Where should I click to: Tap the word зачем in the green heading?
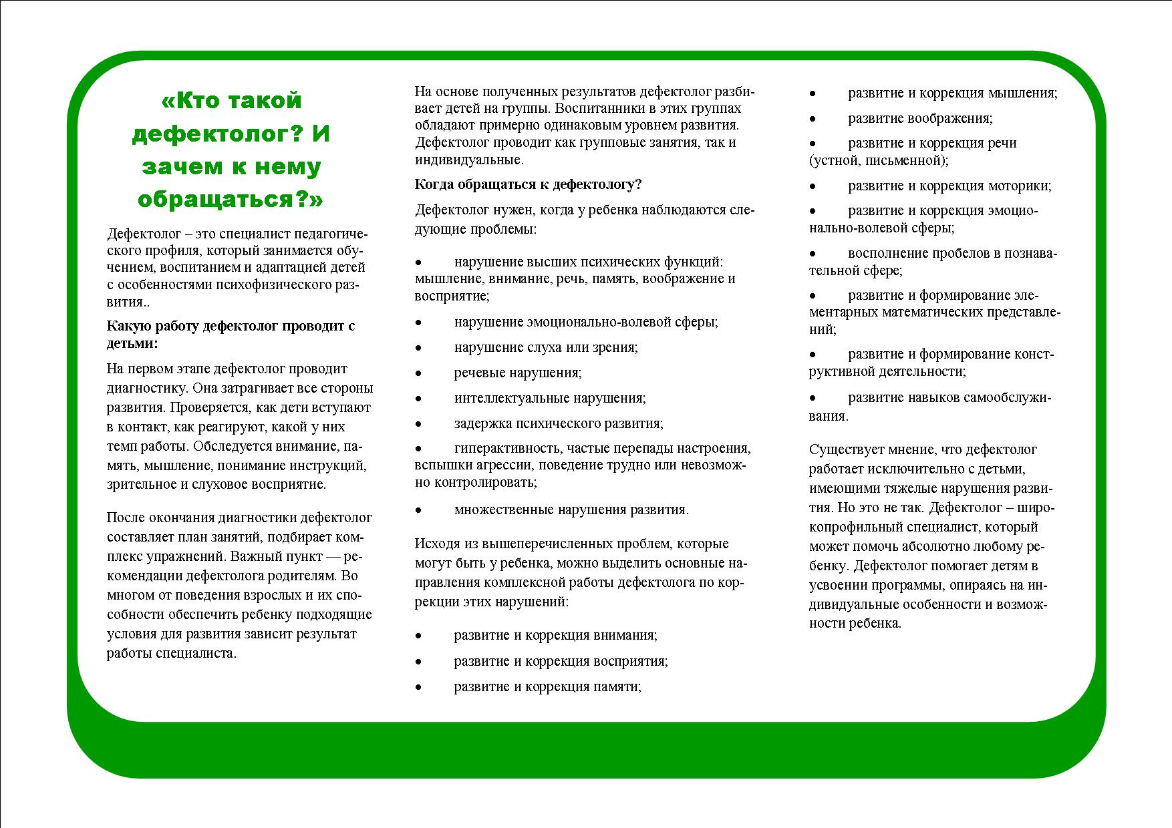click(175, 167)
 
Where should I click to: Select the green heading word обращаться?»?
click(231, 200)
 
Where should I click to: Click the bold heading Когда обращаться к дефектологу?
click(528, 185)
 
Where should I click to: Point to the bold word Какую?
click(130, 327)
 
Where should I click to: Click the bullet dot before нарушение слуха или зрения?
click(418, 348)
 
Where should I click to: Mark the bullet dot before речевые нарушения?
click(418, 373)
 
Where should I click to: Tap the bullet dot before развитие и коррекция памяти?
click(418, 687)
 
